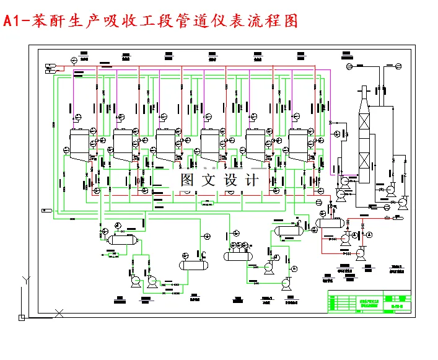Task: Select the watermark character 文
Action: click(x=208, y=180)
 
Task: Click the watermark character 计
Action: click(x=251, y=180)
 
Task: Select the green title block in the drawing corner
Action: click(x=369, y=302)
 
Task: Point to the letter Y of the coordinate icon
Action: click(x=25, y=280)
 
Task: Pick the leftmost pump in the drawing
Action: click(x=134, y=282)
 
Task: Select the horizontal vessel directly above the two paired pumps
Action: click(x=121, y=239)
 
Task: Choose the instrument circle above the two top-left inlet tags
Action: click(x=74, y=59)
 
